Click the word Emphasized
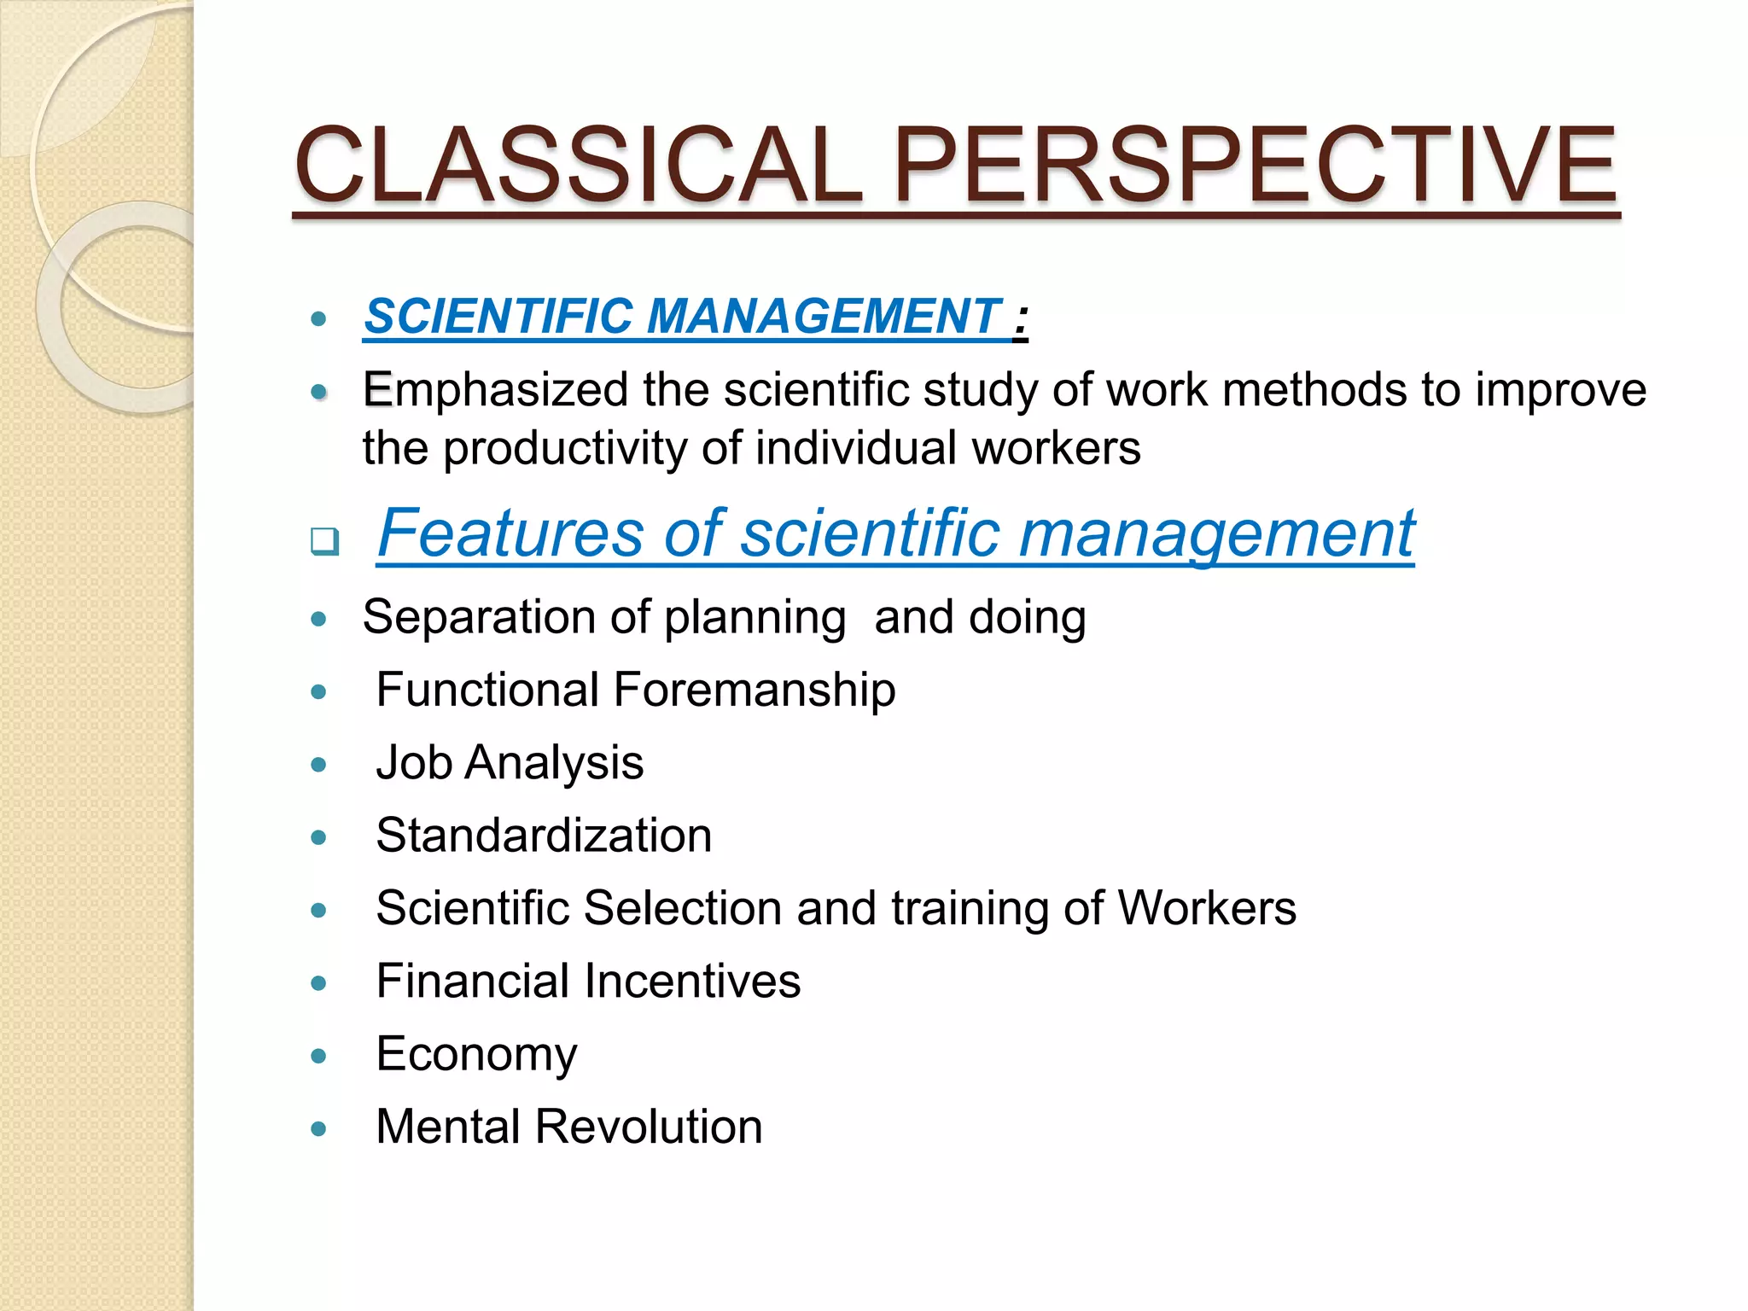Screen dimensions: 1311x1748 495,390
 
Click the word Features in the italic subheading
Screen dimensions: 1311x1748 510,533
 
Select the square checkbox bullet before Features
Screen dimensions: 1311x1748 324,540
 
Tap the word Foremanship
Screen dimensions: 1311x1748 755,690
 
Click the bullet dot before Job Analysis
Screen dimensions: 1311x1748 319,764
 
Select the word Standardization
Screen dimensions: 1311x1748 544,835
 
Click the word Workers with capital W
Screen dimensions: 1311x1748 1207,907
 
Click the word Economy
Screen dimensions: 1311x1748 476,1055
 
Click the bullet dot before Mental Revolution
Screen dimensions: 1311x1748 319,1128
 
